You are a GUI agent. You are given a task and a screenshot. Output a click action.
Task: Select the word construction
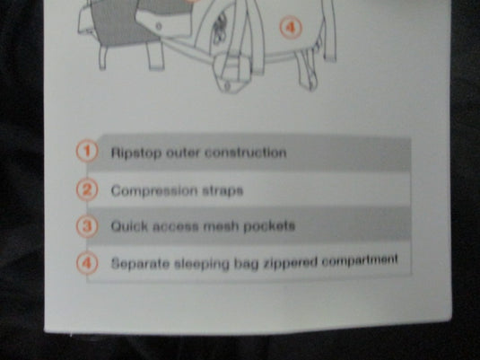pyautogui.click(x=246, y=152)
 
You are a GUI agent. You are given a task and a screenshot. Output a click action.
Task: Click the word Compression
pyautogui.click(x=154, y=191)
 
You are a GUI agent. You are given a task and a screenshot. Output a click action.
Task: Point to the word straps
pyautogui.click(x=223, y=191)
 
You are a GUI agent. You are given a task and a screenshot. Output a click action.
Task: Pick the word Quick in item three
pyautogui.click(x=129, y=226)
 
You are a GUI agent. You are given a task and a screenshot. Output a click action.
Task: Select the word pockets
pyautogui.click(x=269, y=226)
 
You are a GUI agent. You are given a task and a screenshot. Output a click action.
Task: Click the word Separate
pyautogui.click(x=140, y=263)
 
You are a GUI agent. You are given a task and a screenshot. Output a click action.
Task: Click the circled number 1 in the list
pyautogui.click(x=87, y=151)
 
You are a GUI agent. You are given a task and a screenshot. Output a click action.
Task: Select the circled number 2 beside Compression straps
pyautogui.click(x=87, y=189)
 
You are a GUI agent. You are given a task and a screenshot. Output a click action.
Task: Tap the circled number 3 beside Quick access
pyautogui.click(x=87, y=226)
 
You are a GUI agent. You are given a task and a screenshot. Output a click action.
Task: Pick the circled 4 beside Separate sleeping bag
pyautogui.click(x=87, y=263)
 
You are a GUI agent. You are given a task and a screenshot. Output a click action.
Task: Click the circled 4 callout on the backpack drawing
pyautogui.click(x=291, y=28)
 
